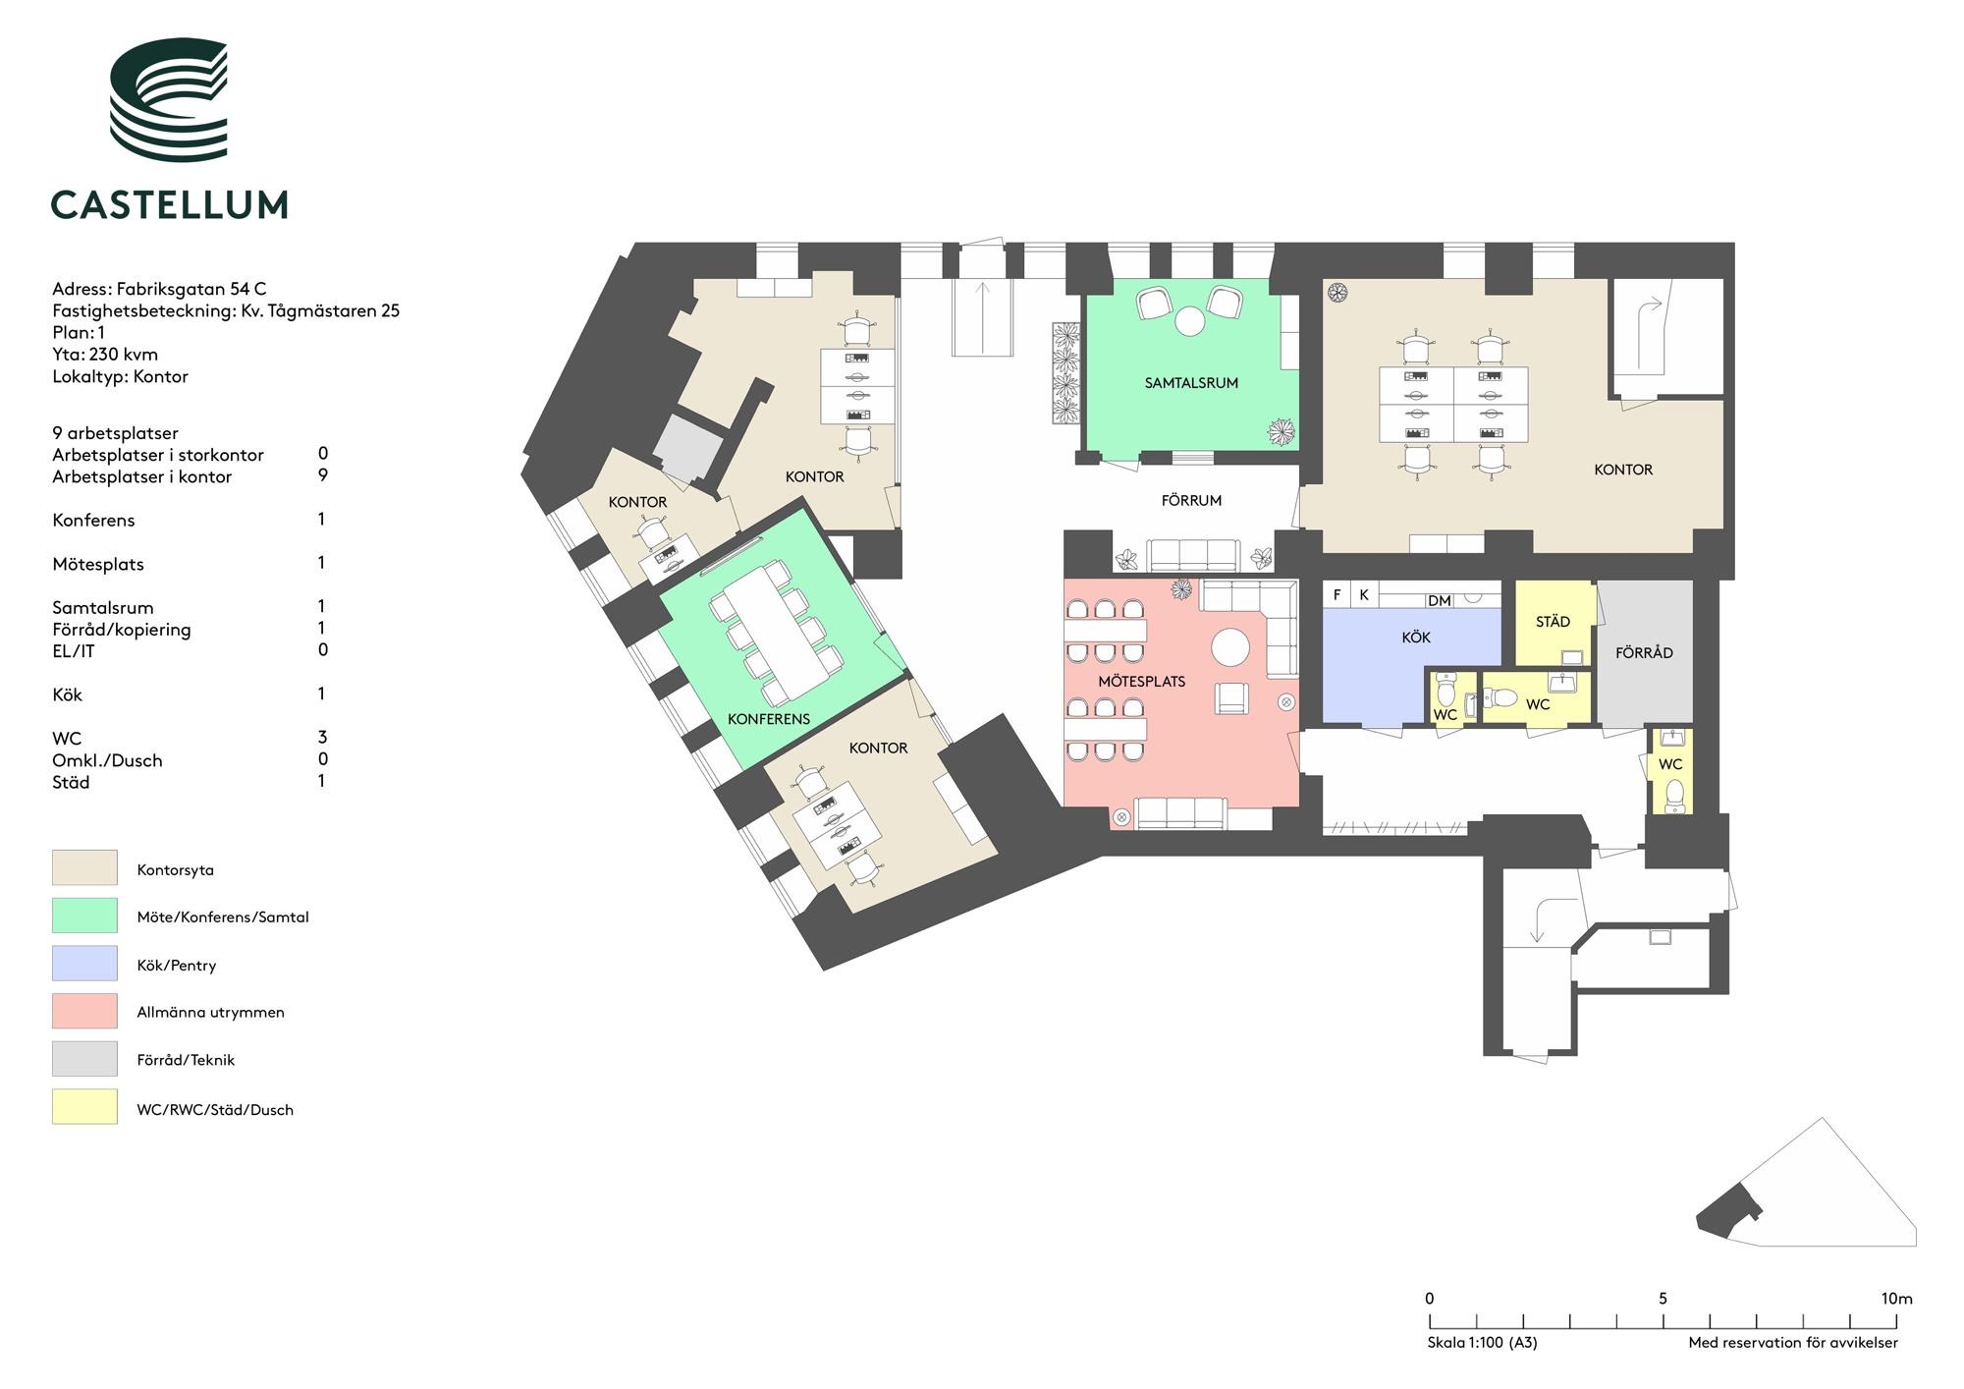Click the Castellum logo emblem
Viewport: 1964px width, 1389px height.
coord(168,100)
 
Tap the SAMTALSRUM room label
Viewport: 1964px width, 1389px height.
coord(1191,383)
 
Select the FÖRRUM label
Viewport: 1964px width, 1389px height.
coord(1191,500)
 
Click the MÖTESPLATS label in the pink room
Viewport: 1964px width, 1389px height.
coord(1141,681)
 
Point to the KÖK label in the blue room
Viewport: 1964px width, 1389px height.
coord(1416,638)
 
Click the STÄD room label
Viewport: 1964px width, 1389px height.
coord(1553,621)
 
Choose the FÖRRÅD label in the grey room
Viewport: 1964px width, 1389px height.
coord(1644,652)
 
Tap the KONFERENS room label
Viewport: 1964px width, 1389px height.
coord(769,719)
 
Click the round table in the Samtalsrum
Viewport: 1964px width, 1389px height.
coord(1190,321)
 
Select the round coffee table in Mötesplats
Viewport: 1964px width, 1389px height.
coord(1230,647)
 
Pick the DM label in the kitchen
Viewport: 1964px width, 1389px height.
coord(1440,601)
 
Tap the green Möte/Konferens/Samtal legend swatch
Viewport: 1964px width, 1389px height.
coord(84,916)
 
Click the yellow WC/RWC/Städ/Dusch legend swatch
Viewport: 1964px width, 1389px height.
coord(84,1107)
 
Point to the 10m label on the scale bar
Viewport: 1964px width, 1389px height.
coord(1897,1299)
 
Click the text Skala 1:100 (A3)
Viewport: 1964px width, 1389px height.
coord(1482,1343)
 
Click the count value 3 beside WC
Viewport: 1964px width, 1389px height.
coord(322,737)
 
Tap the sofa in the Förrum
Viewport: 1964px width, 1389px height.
coord(1192,555)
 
